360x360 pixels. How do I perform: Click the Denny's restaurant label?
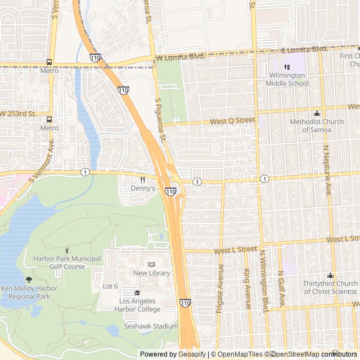[142, 188]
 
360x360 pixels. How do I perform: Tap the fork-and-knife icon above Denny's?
[142, 180]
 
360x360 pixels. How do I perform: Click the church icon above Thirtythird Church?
[330, 275]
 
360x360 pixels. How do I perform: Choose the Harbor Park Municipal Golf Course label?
[67, 262]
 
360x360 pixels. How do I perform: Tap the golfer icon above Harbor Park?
[67, 250]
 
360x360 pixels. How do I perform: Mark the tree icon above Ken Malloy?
[29, 280]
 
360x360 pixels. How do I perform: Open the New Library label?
[151, 273]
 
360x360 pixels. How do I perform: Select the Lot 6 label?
[110, 286]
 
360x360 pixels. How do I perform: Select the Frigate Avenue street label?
[220, 288]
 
